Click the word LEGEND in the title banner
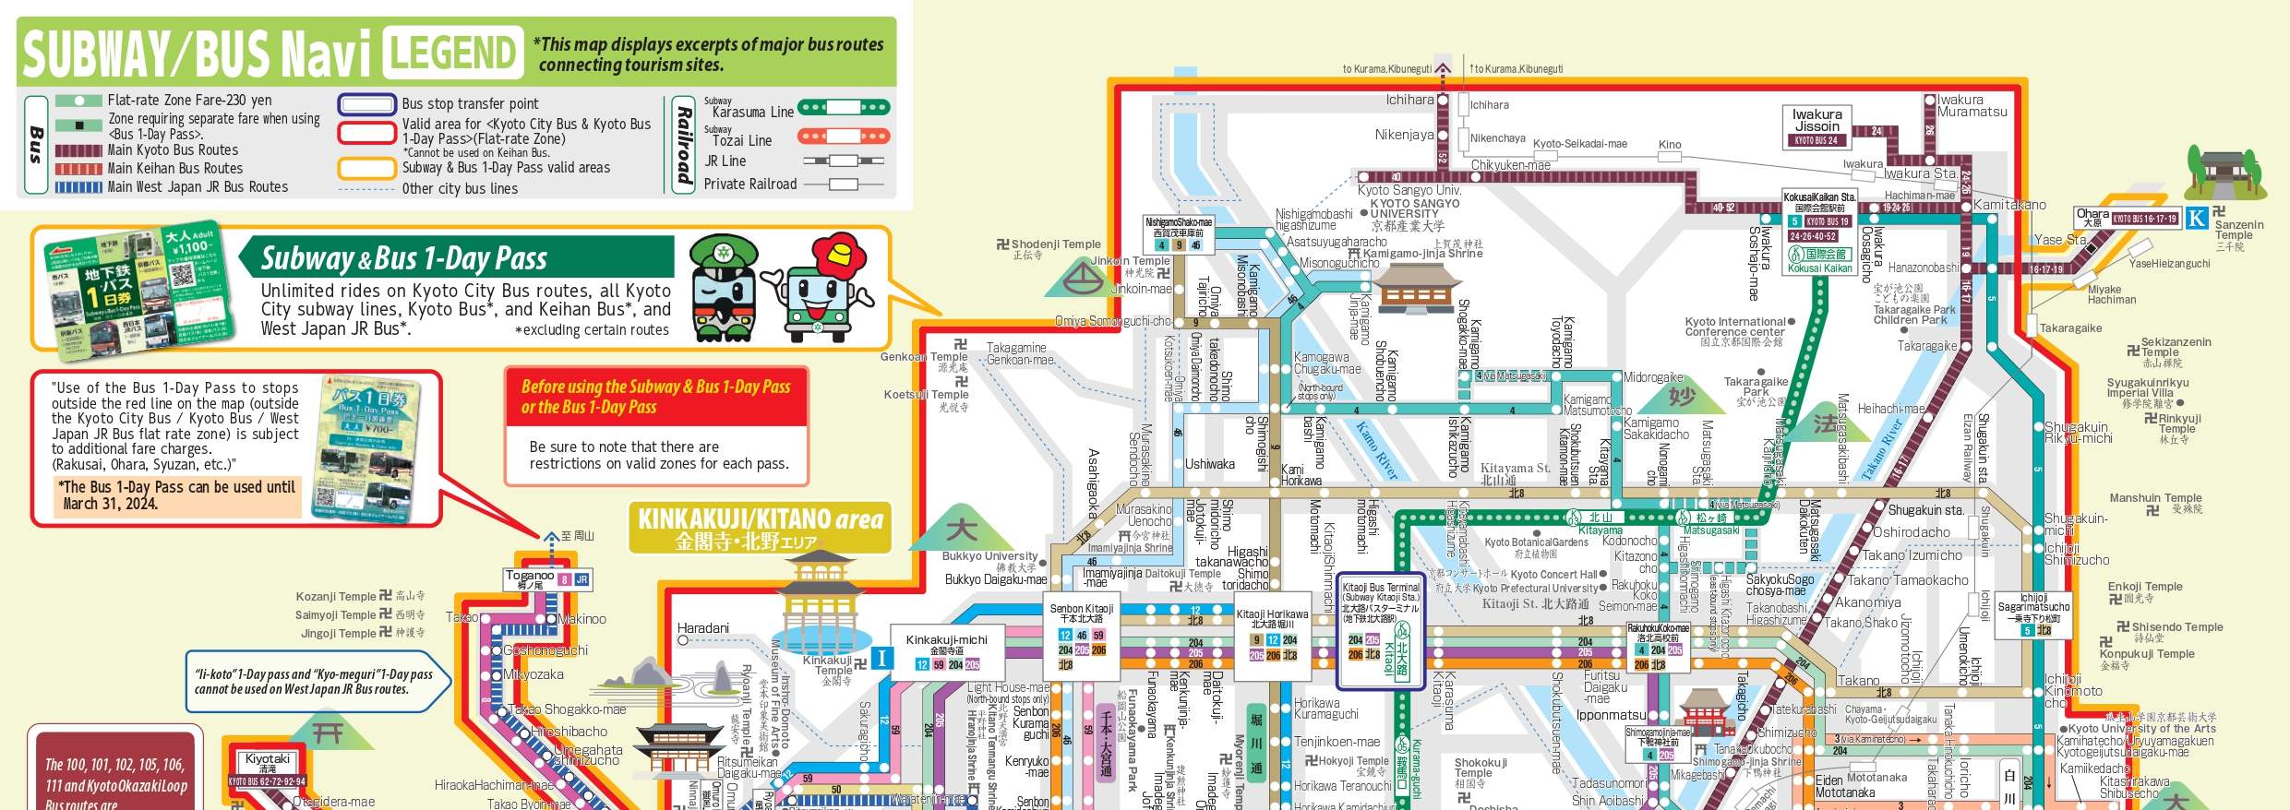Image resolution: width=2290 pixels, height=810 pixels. pos(452,52)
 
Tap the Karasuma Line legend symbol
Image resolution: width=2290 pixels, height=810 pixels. pos(844,108)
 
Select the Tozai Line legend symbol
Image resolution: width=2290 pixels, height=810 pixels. pos(844,137)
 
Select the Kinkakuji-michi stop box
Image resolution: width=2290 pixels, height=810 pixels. pos(946,650)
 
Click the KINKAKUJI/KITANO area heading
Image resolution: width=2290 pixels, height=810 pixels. pos(761,527)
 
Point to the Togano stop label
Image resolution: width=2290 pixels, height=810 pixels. pos(530,578)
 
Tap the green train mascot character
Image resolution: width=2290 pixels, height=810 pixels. pos(725,287)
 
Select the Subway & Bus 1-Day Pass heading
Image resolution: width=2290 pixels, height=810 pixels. pos(404,258)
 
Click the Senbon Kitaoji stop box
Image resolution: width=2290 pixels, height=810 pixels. pos(1081,637)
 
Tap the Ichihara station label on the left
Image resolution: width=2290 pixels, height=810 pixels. pos(1409,100)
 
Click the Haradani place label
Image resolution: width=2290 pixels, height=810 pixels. pos(702,628)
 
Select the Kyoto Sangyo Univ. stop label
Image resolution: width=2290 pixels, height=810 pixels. pos(1408,190)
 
